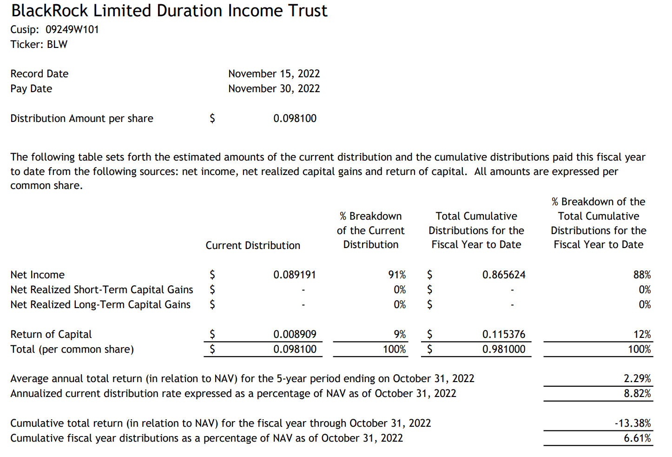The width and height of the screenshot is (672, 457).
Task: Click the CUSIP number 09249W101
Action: tap(72, 30)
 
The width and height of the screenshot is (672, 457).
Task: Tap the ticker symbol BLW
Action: tap(57, 45)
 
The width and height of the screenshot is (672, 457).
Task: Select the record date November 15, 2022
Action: tap(274, 74)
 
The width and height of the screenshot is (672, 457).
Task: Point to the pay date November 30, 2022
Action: tap(274, 89)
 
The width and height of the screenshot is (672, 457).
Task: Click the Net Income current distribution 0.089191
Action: tap(295, 275)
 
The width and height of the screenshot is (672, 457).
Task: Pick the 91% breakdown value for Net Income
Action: tap(397, 275)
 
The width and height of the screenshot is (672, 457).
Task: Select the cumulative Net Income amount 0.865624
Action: tap(504, 275)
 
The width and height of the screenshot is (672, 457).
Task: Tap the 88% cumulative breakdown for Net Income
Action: tap(642, 275)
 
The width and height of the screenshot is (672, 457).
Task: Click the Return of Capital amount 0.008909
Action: tap(295, 335)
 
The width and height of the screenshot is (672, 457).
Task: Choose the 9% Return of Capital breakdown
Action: tap(400, 335)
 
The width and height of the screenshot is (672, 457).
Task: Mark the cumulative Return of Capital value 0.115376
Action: tap(504, 335)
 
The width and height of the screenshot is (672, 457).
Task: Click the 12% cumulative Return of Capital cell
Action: tap(642, 335)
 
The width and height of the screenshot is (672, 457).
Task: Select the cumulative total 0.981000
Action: tap(504, 349)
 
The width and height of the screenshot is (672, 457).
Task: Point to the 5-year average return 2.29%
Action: tap(637, 379)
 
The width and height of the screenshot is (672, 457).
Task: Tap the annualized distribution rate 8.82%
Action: tap(637, 394)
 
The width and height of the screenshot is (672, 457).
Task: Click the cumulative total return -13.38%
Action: tap(632, 423)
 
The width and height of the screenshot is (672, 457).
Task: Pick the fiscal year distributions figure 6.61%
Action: tap(637, 438)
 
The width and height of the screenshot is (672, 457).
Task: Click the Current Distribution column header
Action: tap(253, 246)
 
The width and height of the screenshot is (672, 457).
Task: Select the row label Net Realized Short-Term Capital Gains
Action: tap(102, 290)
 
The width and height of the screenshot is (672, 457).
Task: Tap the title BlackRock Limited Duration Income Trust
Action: tap(169, 11)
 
